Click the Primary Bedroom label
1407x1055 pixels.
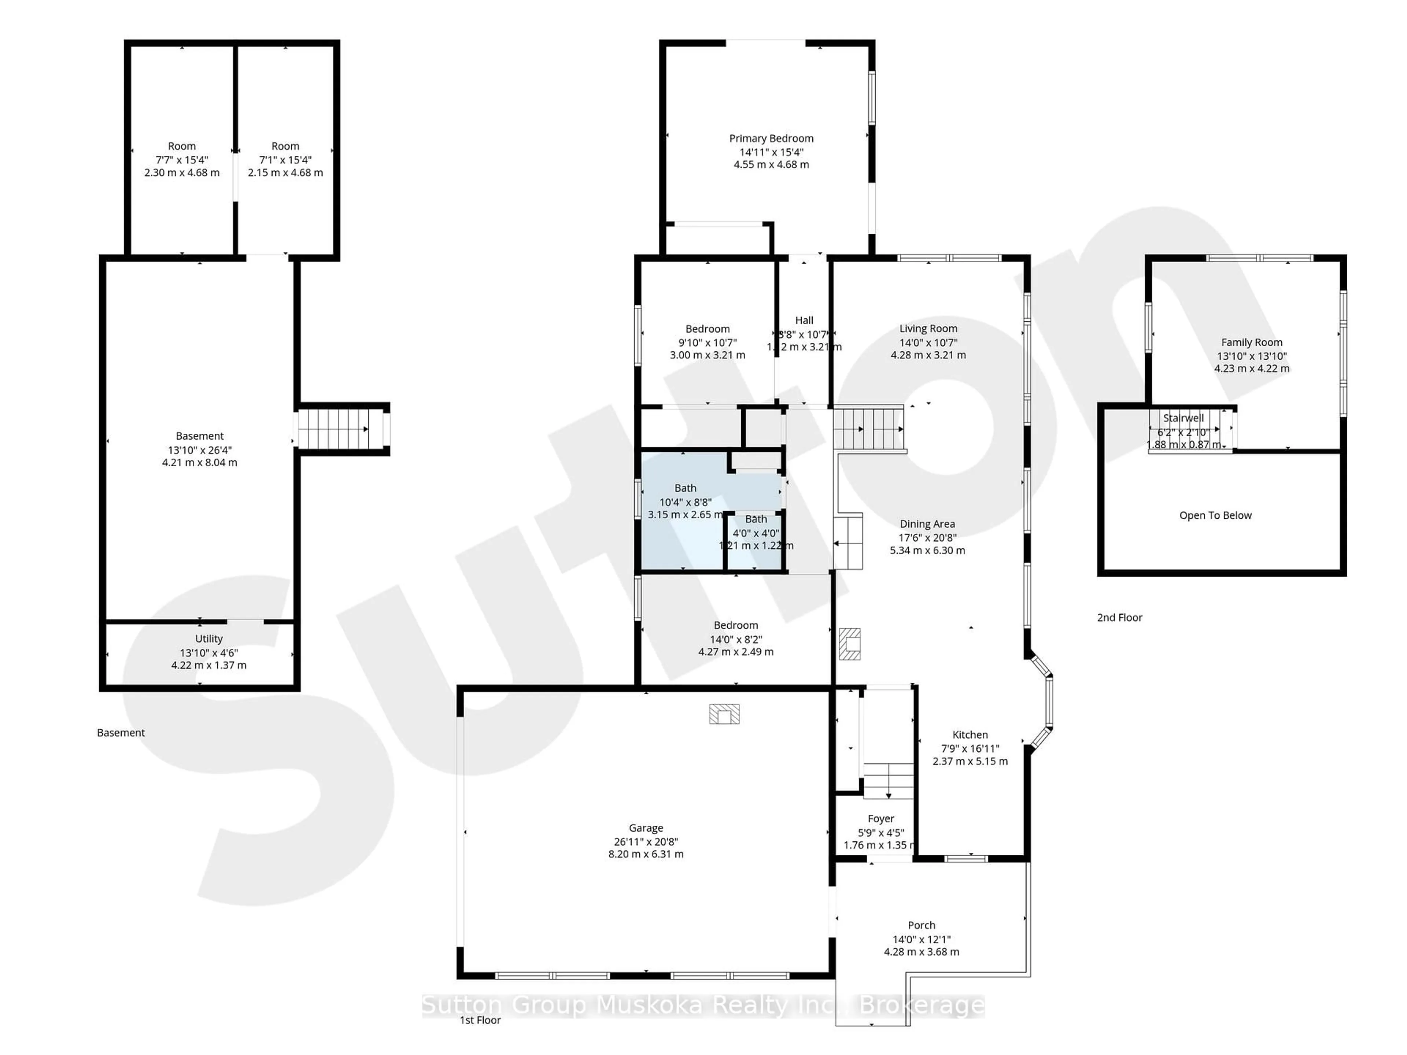(771, 138)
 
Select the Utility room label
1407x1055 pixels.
(208, 638)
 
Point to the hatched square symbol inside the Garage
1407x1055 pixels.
(724, 714)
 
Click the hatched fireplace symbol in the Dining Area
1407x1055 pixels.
(849, 644)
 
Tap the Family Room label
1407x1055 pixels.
(1251, 342)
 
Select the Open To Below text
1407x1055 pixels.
(1215, 515)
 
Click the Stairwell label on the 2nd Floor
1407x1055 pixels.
(1183, 418)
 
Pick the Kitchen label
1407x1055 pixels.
(970, 734)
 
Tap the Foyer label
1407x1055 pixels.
(880, 818)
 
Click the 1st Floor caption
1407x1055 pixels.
(480, 1020)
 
